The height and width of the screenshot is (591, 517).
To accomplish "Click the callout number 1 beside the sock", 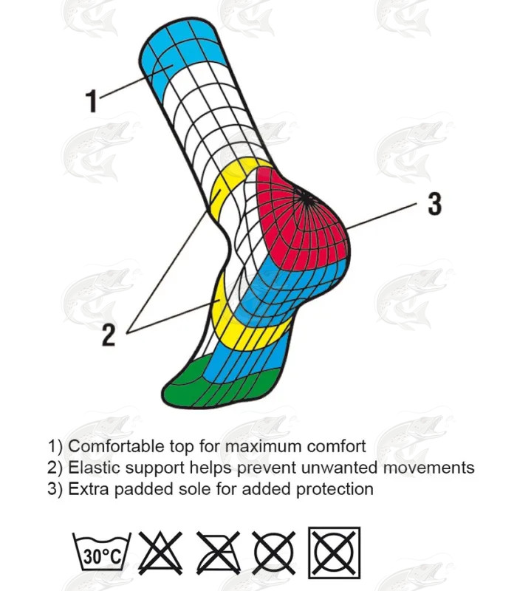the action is (92, 100).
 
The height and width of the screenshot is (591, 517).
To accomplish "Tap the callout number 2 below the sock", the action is (109, 335).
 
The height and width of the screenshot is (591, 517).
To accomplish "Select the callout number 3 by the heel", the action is (434, 204).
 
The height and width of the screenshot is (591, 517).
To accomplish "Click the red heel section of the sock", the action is (301, 222).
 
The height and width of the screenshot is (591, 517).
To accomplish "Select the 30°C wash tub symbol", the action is (102, 553).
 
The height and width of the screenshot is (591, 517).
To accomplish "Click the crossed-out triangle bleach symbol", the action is (160, 553).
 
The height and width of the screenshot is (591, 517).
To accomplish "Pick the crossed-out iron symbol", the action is (218, 553).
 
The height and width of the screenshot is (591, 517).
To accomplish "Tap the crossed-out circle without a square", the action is (274, 553).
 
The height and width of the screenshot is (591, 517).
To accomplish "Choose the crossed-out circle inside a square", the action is (335, 553).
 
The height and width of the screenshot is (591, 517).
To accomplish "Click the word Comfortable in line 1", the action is (116, 446).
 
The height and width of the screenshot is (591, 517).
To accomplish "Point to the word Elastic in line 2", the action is (95, 468).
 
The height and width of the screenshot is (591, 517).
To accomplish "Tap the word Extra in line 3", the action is (89, 489).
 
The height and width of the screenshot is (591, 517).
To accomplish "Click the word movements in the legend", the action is (428, 468).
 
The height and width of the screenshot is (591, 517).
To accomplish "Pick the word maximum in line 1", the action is (263, 447).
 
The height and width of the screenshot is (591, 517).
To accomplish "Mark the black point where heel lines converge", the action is (307, 200).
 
